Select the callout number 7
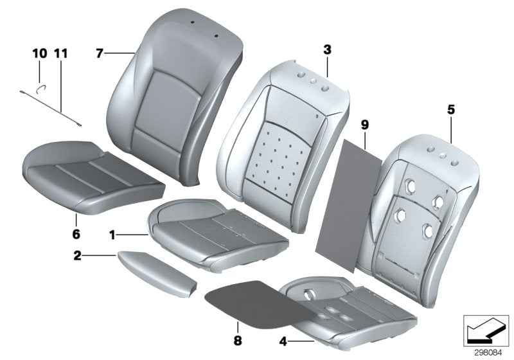coord(100,53)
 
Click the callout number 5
coord(451,110)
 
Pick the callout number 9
coord(365,122)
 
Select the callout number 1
coord(111,236)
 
